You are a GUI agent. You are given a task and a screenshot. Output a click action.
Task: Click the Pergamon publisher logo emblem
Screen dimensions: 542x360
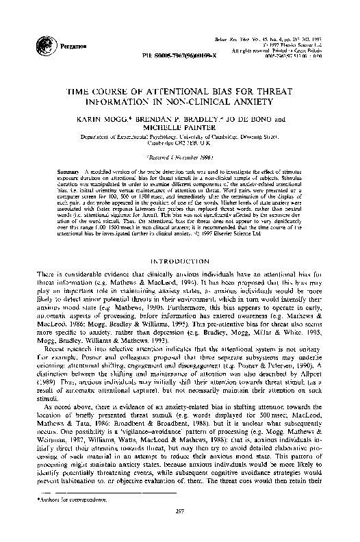(14, 29)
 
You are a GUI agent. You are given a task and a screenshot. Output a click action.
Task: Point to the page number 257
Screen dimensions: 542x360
(180, 529)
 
